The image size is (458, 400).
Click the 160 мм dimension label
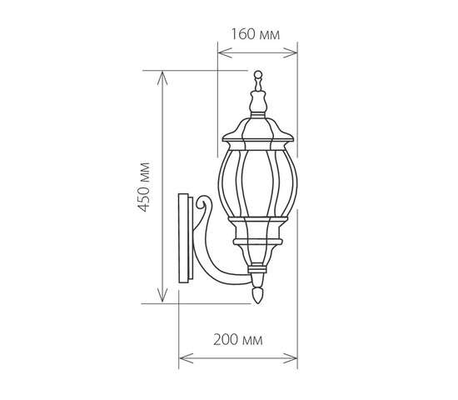[256, 34]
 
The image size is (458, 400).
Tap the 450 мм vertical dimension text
[144, 187]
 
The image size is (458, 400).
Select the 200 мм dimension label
[238, 340]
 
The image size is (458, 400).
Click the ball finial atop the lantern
[257, 74]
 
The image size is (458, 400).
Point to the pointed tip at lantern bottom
[257, 295]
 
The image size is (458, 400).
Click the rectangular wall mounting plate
[185, 238]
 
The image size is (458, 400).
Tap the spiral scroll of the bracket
[202, 202]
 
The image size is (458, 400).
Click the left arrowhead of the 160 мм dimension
[225, 53]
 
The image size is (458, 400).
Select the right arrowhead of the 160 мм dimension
[291, 53]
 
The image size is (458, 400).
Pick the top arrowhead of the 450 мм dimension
[162, 77]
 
